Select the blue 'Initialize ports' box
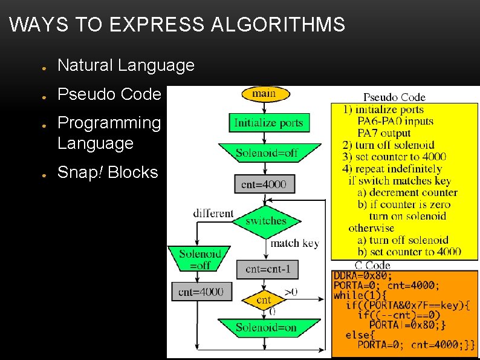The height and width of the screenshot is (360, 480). pos(268,123)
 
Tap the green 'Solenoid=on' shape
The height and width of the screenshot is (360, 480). pos(267,327)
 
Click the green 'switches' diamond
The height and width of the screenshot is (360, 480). pos(266,221)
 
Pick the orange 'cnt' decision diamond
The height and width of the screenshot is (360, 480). pos(264,299)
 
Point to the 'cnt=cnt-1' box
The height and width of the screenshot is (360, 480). pos(267,269)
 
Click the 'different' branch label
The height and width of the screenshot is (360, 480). pos(213,213)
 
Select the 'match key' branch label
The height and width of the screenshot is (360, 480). pos(294,243)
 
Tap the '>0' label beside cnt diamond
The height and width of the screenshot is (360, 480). pos(291,292)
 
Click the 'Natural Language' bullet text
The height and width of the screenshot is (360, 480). pos(126,65)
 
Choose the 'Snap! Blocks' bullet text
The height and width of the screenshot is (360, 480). pos(108,172)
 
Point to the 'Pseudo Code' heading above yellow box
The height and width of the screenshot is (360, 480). pos(394,97)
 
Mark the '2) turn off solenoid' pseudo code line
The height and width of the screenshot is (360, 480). pos(389,145)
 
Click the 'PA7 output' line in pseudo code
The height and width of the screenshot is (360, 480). pos(384,133)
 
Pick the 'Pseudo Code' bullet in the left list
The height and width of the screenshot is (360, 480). pos(109,94)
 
